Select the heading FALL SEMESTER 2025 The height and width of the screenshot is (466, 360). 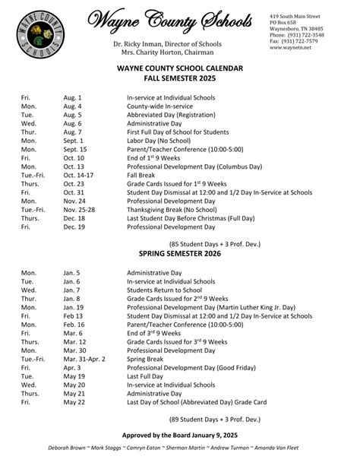[179, 78]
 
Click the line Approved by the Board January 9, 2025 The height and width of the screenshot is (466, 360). [180, 434]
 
